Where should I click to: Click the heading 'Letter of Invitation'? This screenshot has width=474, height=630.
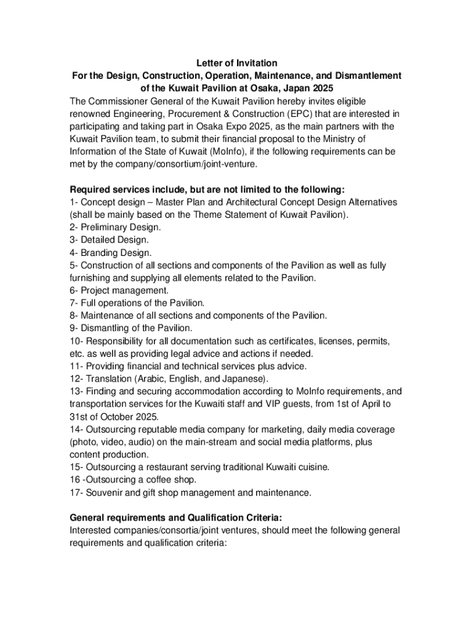click(237, 63)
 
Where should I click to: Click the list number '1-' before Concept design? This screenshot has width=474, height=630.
click(74, 202)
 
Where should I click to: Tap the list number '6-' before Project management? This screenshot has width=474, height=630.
click(74, 290)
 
